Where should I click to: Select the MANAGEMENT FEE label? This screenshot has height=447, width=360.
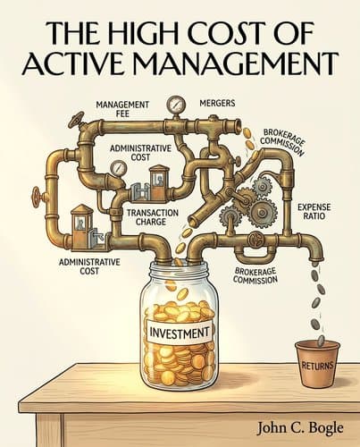click(122, 109)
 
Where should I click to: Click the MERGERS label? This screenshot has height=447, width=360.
click(217, 103)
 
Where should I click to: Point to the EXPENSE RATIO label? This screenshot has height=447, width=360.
click(314, 211)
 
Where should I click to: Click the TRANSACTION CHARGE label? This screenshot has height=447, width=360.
click(153, 217)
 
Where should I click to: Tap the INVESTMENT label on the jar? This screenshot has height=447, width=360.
click(179, 332)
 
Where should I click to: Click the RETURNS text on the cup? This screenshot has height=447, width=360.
click(317, 366)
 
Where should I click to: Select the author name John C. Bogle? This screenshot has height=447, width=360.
click(300, 428)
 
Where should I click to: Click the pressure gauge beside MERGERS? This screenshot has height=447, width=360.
click(176, 105)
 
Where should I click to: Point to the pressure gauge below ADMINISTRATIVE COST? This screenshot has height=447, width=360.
click(118, 169)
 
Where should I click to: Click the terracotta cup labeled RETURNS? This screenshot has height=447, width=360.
click(317, 364)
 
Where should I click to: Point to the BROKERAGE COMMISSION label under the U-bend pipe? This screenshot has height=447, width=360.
click(255, 275)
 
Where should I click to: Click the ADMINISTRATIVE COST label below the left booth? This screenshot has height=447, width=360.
click(89, 266)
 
